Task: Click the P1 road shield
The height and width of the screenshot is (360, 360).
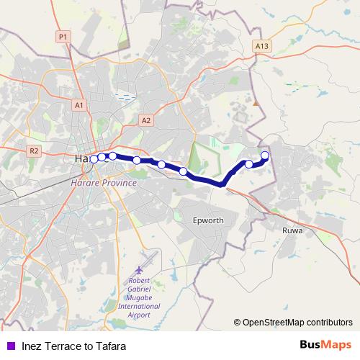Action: click(x=63, y=36)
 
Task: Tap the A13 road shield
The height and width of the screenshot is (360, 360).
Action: click(x=261, y=46)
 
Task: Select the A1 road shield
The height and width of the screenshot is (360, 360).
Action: click(x=78, y=105)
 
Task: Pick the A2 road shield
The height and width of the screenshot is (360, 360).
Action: click(x=146, y=120)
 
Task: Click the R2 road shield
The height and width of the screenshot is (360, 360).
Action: click(x=33, y=150)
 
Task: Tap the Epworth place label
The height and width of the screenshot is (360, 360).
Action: click(x=210, y=220)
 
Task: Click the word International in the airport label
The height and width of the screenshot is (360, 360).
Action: click(x=140, y=306)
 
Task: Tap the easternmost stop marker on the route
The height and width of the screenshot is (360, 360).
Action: click(x=265, y=156)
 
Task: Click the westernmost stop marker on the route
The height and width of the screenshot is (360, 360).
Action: click(x=94, y=158)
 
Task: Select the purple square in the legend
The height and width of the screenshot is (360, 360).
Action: click(x=11, y=345)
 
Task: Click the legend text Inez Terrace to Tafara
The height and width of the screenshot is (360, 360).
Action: click(x=69, y=345)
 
